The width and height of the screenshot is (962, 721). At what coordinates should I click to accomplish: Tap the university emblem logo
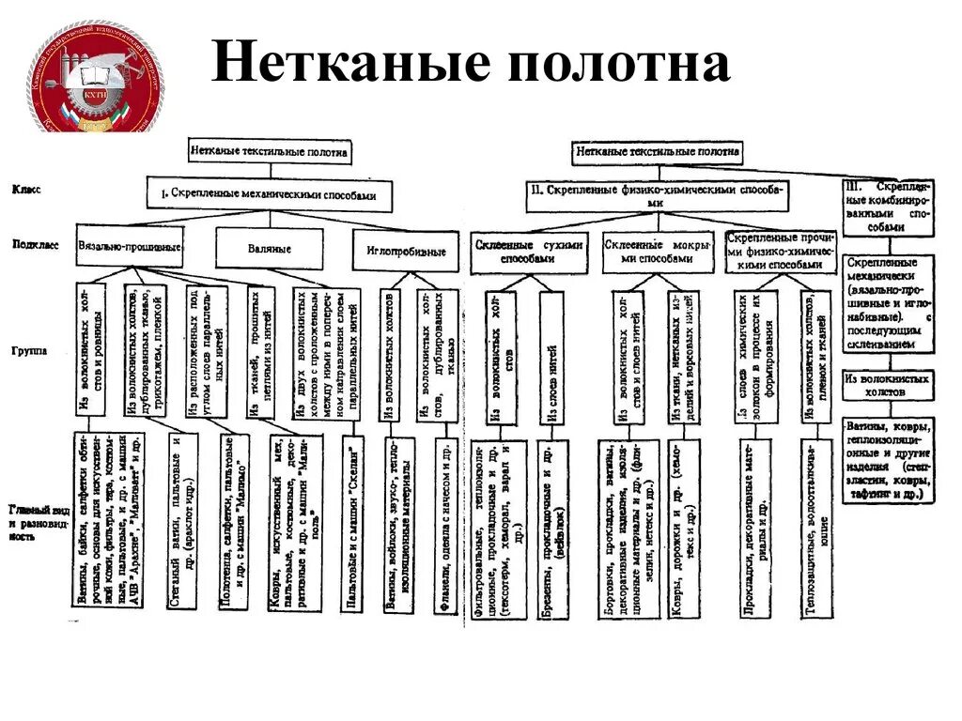point(94,78)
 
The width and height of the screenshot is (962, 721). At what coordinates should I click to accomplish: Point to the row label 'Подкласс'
point(36,244)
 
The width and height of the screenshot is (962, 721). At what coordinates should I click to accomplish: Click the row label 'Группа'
point(30,349)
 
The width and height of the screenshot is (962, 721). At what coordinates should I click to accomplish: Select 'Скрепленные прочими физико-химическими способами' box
point(780,251)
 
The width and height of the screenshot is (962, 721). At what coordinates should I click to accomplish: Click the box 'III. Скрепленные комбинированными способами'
point(886,207)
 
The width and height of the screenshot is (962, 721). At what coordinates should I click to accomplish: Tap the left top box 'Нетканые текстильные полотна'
point(269,150)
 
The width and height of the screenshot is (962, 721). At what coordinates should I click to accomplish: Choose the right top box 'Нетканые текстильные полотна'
point(657,150)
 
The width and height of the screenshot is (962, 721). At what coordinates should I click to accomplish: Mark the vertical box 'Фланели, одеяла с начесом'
point(446,530)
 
